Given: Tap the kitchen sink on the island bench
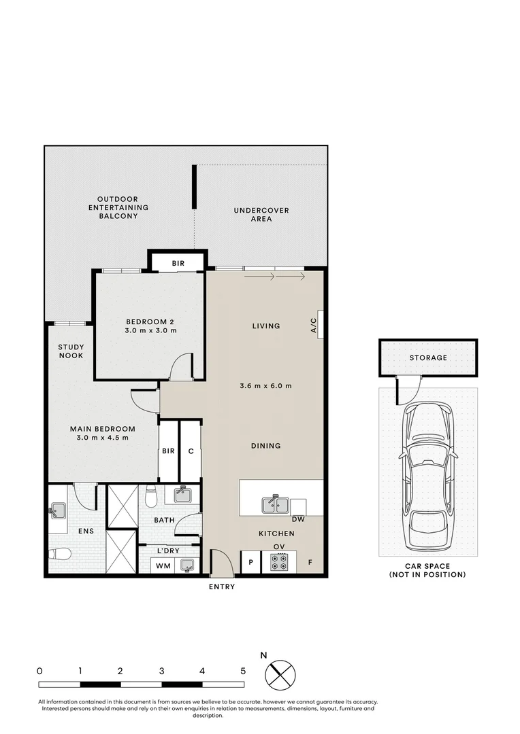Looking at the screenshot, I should pos(276,505).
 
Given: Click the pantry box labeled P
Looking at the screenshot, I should pos(250,563).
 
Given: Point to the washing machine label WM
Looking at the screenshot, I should pos(163,565).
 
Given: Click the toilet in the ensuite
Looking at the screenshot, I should pos(60,553).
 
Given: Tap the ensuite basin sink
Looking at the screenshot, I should pos(57,510).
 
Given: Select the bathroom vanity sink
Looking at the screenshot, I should pos(182,495).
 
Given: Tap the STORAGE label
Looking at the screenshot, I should pos(428,357).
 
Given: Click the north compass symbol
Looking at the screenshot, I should pos(280,674).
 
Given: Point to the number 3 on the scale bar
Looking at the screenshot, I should pos(161,671).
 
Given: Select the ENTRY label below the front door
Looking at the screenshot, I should pos(221,587).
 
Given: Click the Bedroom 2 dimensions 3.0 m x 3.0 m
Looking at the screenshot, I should pos(150,331).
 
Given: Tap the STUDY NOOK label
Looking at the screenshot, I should pos(71,351).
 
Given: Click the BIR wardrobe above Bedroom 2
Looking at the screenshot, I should pos(178,262).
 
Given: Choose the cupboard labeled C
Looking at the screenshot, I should pos(191,451).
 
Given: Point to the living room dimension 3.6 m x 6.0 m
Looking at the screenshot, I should pos(265,386).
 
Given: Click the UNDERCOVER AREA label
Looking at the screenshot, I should pos(261,215).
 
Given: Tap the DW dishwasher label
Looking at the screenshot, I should pos(298,520).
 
